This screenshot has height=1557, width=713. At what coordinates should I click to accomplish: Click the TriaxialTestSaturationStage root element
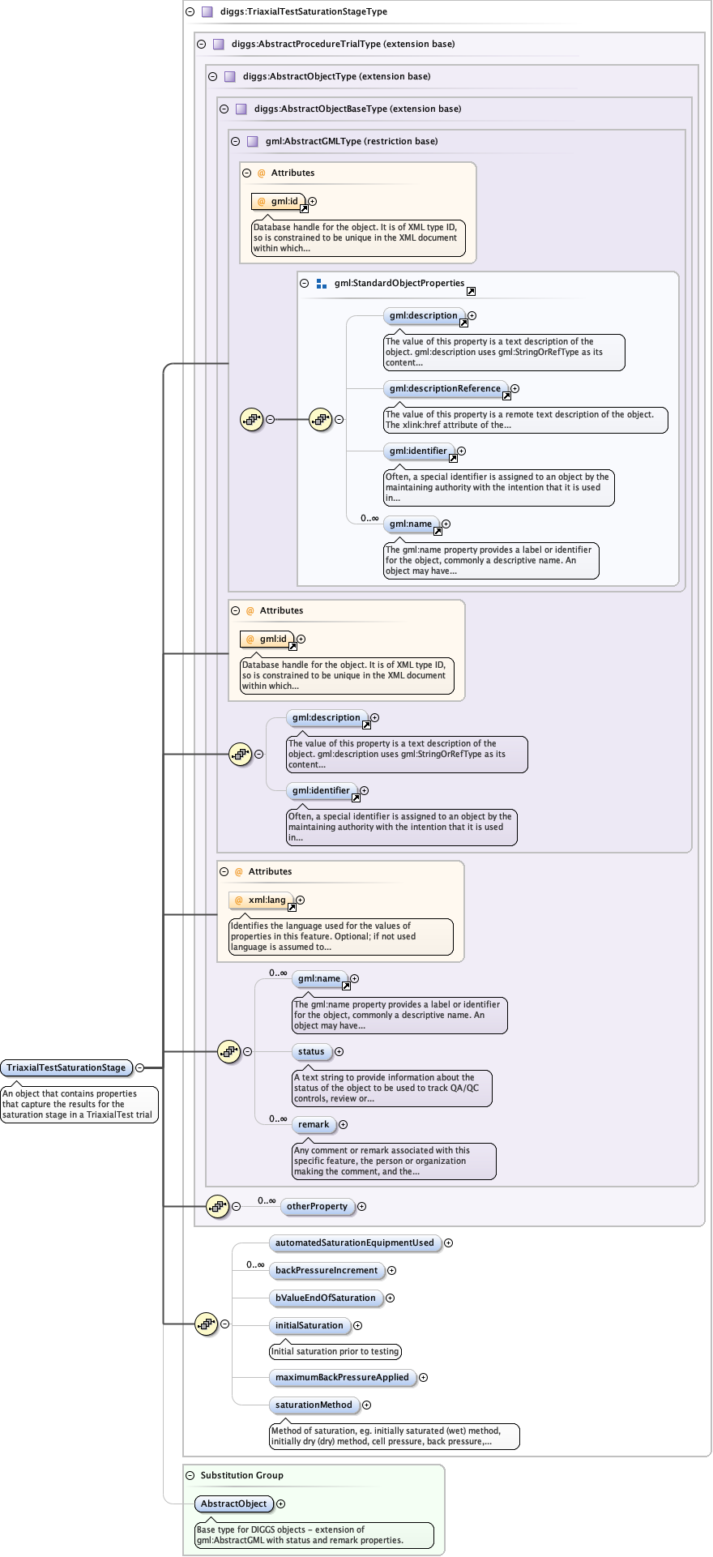click(66, 1067)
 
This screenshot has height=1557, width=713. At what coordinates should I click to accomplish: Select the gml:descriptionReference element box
click(445, 388)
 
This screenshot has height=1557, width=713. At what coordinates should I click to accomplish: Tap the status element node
click(311, 1051)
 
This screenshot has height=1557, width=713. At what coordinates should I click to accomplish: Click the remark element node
click(314, 1124)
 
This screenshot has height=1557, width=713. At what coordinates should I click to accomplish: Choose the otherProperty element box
click(317, 1206)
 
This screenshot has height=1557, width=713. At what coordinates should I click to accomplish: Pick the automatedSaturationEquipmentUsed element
click(354, 1243)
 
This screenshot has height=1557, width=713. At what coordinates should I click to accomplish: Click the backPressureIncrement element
click(326, 1270)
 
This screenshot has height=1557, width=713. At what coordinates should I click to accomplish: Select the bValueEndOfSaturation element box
click(325, 1298)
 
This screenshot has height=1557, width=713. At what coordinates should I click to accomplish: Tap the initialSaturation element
click(309, 1325)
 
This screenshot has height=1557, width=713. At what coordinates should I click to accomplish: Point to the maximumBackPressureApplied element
click(342, 1377)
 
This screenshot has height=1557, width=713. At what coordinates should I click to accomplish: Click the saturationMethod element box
click(314, 1405)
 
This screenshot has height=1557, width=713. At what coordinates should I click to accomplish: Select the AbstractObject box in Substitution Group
click(233, 1504)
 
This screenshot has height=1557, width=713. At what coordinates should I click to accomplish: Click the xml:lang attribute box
click(261, 900)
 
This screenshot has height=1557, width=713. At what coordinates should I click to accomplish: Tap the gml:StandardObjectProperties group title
click(399, 283)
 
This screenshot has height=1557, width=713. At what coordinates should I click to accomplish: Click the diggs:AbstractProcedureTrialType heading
click(343, 44)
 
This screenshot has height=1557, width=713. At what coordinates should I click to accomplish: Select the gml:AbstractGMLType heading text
click(351, 141)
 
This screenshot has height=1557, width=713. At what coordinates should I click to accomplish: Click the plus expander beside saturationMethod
click(366, 1405)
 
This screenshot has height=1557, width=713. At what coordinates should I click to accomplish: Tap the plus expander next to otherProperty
click(361, 1206)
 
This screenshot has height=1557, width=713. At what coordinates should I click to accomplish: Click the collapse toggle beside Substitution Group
click(190, 1475)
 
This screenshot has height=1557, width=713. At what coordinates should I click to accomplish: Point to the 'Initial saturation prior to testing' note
click(335, 1351)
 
